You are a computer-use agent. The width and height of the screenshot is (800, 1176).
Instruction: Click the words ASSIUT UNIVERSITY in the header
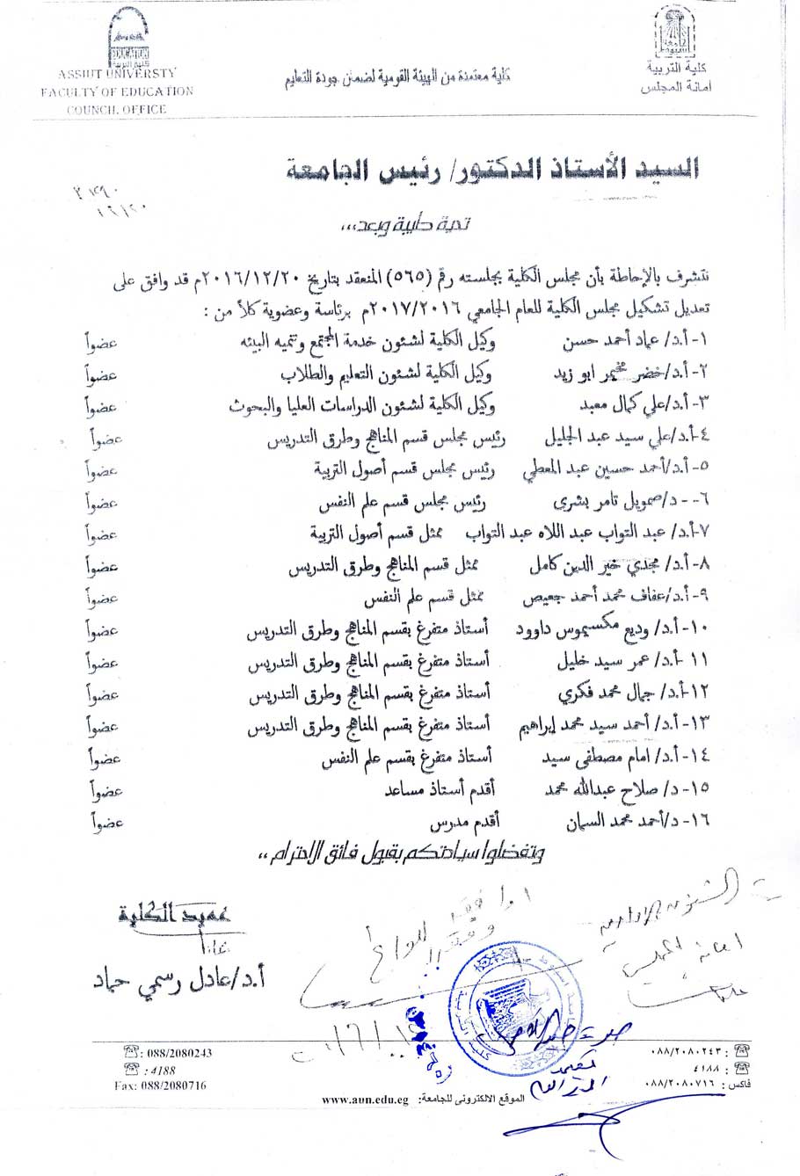coord(117,73)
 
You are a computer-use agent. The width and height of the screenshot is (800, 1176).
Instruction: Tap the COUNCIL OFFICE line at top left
coord(117,109)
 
